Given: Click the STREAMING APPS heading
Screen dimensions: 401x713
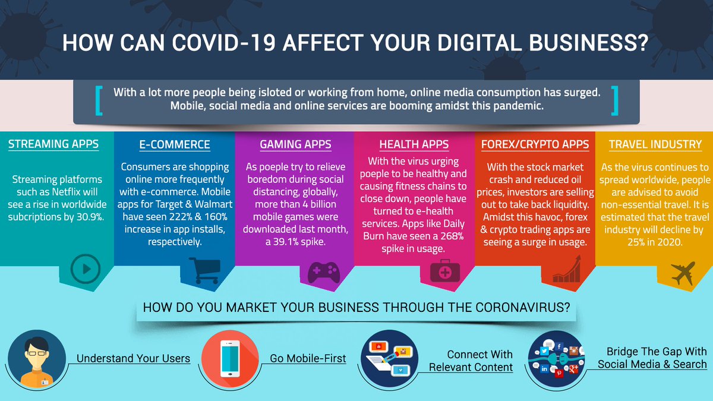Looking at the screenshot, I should point(53,144).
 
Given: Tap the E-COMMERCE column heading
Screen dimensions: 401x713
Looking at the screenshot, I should point(175,144).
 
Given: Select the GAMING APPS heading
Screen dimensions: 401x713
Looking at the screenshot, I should point(295,144).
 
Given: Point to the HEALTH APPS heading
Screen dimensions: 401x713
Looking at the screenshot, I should point(414,144).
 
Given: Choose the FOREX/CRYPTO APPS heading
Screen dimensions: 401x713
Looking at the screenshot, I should point(535,144).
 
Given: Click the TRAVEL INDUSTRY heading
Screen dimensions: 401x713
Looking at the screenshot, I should point(655,144).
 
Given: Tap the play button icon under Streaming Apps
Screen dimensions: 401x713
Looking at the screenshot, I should point(85,269).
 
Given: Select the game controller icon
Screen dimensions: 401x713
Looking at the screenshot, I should point(323,271).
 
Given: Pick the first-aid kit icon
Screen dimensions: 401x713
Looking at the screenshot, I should point(444,272).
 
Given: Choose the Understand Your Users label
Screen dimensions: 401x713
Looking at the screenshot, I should point(133,358).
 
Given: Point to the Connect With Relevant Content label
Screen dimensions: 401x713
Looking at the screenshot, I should point(472,361).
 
